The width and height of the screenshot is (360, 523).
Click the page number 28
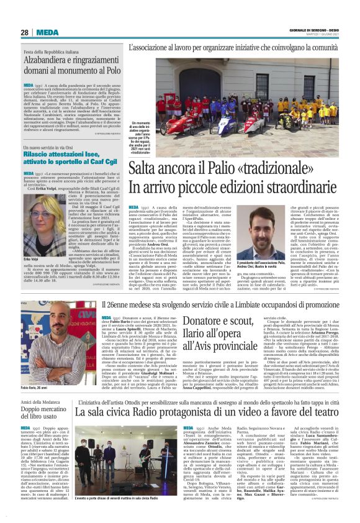tap(25, 32)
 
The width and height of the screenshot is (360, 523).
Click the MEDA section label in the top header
tap(47, 32)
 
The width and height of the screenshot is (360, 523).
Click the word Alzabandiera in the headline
tap(50, 63)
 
